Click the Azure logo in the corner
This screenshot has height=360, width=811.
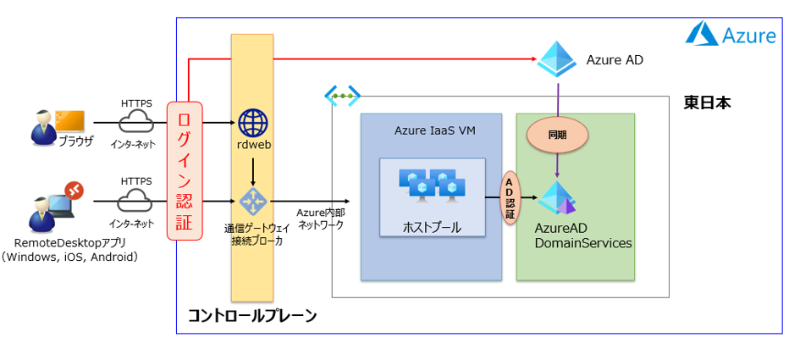pyautogui.click(x=703, y=34)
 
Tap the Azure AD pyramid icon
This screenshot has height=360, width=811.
pyautogui.click(x=556, y=58)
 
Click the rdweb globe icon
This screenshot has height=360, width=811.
pyautogui.click(x=252, y=123)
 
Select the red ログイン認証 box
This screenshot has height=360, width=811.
pyautogui.click(x=184, y=170)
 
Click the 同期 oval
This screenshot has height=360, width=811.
pyautogui.click(x=556, y=134)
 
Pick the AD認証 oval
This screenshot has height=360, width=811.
pyautogui.click(x=510, y=200)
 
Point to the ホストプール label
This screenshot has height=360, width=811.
pyautogui.click(x=432, y=227)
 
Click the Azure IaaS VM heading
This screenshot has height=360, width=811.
pyautogui.click(x=430, y=130)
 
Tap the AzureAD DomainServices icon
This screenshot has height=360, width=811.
pyautogui.click(x=557, y=198)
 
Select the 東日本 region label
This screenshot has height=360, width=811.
pyautogui.click(x=707, y=103)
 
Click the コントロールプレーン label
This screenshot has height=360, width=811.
pyautogui.click(x=252, y=316)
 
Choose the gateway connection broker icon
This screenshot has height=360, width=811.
pyautogui.click(x=252, y=202)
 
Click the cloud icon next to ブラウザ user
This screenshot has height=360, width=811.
pyautogui.click(x=135, y=123)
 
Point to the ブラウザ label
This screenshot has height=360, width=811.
pyautogui.click(x=75, y=141)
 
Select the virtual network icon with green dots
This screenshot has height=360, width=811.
pyautogui.click(x=342, y=95)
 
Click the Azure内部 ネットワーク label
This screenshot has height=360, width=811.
pyautogui.click(x=321, y=218)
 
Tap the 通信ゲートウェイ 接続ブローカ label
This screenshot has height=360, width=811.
pyautogui.click(x=252, y=234)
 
